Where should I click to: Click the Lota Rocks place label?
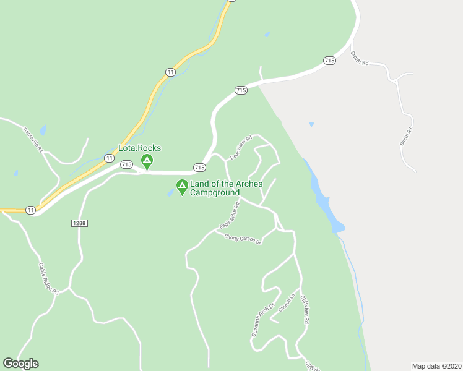pos(140,148)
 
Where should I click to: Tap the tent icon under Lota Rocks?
pos(147,162)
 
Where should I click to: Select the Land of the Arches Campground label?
pos(225,188)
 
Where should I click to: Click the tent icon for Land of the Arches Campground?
pos(182,186)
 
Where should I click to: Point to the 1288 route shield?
pos(78,223)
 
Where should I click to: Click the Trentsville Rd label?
pos(33,142)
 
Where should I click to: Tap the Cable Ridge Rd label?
pos(48,278)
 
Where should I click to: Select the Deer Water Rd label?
pos(241,148)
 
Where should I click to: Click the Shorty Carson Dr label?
pos(243,239)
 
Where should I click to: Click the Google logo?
pos(20,364)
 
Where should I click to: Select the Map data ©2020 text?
pos(436,366)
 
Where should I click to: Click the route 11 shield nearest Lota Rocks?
pos(109,159)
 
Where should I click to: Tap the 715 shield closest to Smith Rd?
pos(329,61)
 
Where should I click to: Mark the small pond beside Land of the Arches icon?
pos(170,193)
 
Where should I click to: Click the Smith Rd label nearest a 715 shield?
pos(359,58)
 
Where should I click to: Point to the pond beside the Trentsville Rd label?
pos(43,130)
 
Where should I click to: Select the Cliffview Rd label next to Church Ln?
pos(305,309)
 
